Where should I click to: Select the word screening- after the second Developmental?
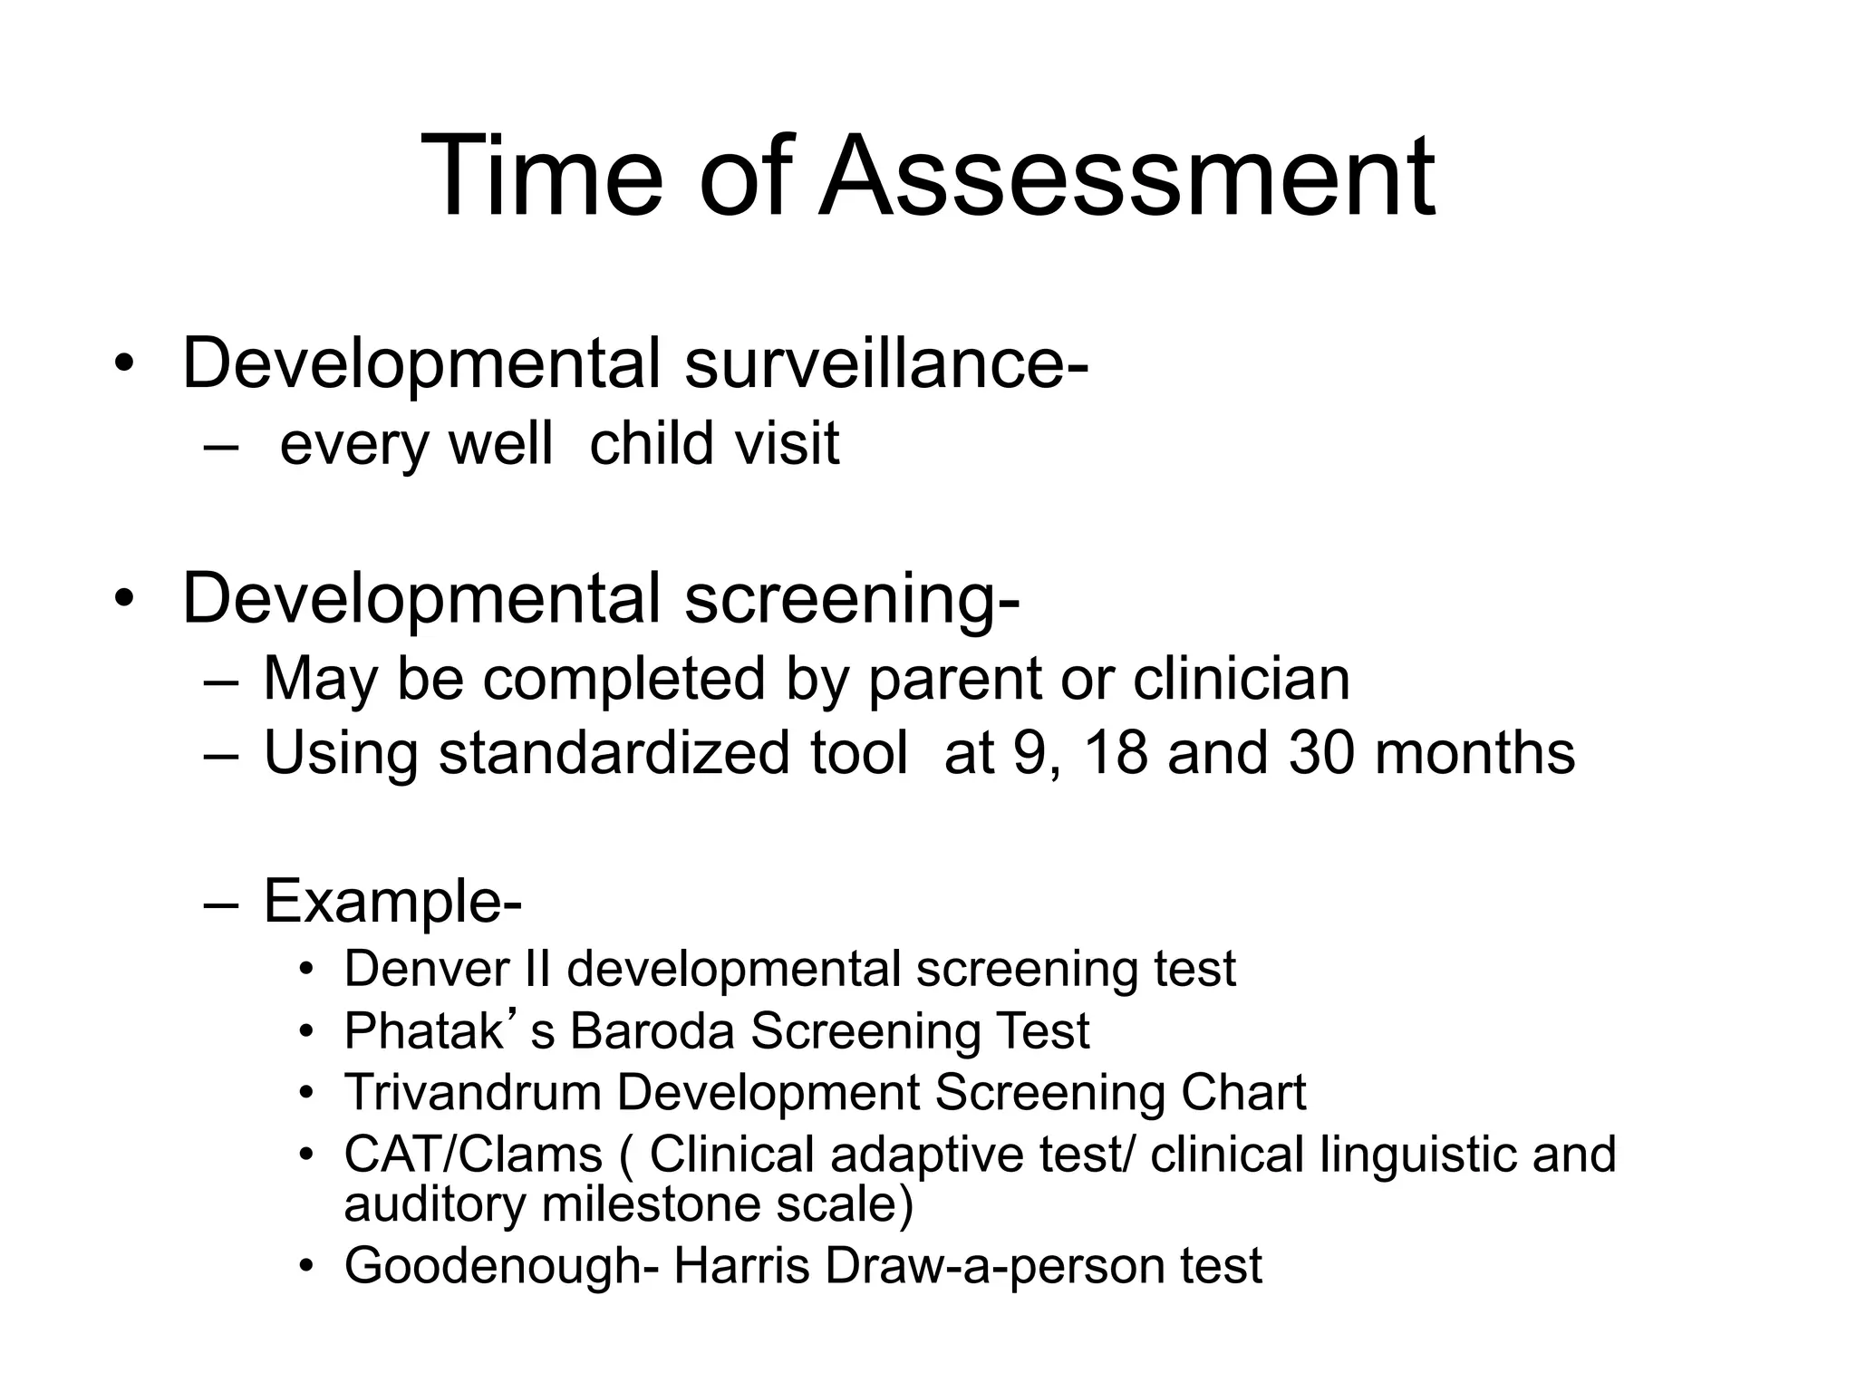pos(852,600)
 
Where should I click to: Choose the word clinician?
pos(1241,680)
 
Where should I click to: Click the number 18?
pos(1115,753)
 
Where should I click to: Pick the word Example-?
pos(392,902)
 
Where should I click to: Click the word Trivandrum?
pos(472,1093)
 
